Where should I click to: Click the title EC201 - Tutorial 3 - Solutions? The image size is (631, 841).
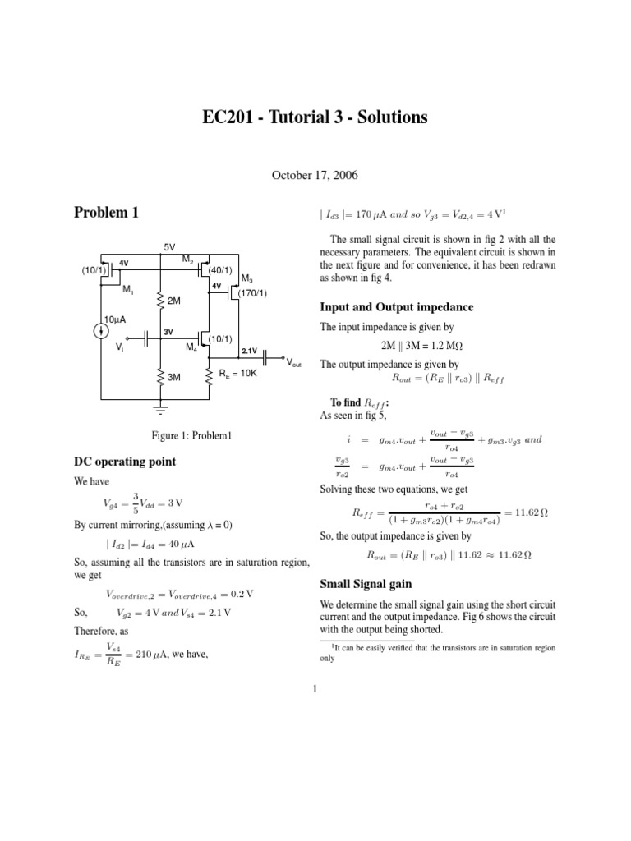[x=315, y=118]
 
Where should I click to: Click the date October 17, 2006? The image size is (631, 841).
[x=315, y=174]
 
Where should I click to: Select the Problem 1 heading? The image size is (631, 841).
[x=107, y=214]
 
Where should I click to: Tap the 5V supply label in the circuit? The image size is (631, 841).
[x=168, y=246]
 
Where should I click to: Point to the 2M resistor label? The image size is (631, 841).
[x=174, y=301]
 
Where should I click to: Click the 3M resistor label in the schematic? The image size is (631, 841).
[x=174, y=377]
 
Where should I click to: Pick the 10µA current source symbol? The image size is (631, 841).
[x=100, y=330]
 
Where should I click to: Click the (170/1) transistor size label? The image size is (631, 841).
[x=252, y=292]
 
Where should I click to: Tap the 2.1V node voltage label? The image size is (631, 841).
[x=250, y=351]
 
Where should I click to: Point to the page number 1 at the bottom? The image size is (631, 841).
[x=315, y=688]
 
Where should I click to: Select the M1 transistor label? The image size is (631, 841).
[x=128, y=289]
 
